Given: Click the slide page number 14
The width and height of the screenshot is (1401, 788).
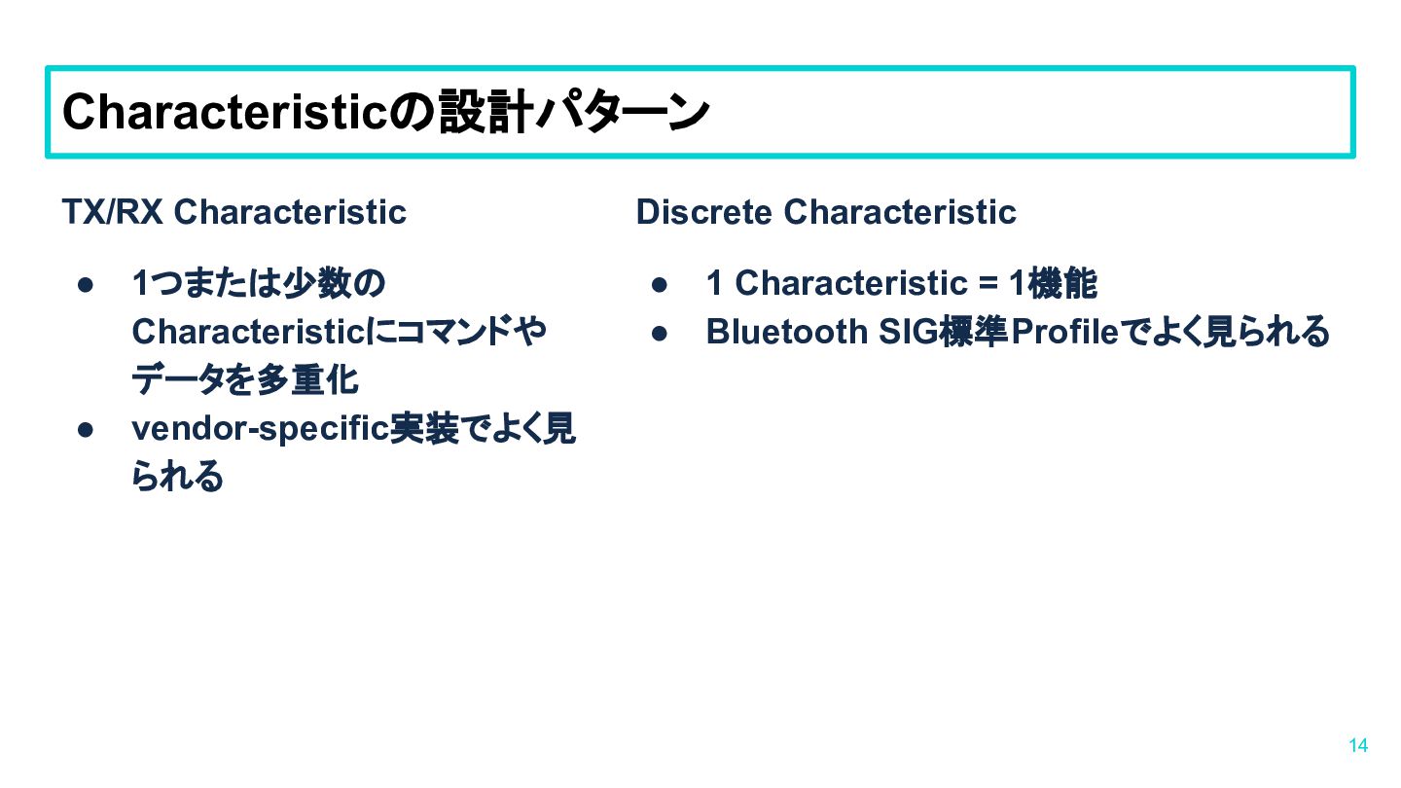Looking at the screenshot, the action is coord(1358,745).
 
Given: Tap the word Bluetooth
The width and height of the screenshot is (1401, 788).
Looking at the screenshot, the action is coord(787,331).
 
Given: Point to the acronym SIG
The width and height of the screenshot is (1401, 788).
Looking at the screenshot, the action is coord(909,331).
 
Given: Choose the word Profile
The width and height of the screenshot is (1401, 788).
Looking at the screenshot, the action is coord(1064,331).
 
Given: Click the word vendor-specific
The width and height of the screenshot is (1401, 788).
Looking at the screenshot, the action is coord(260,430).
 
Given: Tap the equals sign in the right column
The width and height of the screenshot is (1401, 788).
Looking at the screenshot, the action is coord(988,283).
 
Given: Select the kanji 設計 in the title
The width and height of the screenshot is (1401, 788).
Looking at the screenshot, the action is coord(485,112).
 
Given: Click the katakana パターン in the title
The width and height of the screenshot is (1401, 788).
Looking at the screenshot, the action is coord(623,112).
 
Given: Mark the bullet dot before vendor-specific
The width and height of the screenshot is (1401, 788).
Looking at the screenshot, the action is coord(86,430).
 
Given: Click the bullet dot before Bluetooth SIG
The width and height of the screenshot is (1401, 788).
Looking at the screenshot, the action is coord(660,334).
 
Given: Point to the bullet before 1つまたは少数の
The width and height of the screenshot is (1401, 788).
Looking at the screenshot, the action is coord(86,285).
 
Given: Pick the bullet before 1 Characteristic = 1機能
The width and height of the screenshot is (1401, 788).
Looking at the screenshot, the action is coord(660,285).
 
